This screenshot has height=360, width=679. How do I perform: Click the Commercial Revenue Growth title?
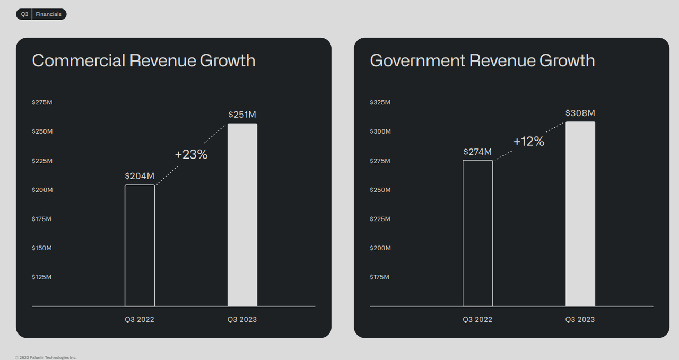pyautogui.click(x=144, y=60)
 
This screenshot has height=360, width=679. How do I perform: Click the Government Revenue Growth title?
pyautogui.click(x=482, y=60)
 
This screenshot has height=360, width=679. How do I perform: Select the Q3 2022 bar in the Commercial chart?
pyautogui.click(x=140, y=245)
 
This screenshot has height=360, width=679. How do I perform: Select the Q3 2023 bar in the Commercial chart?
pyautogui.click(x=242, y=215)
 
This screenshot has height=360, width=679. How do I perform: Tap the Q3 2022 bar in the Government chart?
pyautogui.click(x=477, y=233)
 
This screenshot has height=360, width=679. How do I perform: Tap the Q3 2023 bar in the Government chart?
pyautogui.click(x=580, y=214)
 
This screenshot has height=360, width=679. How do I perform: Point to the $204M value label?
pyautogui.click(x=140, y=176)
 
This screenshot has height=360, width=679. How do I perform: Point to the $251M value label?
pyautogui.click(x=242, y=115)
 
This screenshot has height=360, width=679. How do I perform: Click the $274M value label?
pyautogui.click(x=477, y=152)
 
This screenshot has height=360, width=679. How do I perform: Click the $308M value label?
pyautogui.click(x=580, y=113)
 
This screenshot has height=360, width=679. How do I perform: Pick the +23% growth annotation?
pyautogui.click(x=191, y=155)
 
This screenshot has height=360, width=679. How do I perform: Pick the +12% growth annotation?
pyautogui.click(x=529, y=142)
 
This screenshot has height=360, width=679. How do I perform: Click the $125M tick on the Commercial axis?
pyautogui.click(x=42, y=277)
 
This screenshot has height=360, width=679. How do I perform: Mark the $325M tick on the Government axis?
pyautogui.click(x=380, y=102)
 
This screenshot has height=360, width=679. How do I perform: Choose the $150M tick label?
pyautogui.click(x=42, y=248)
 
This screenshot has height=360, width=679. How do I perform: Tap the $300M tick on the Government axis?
pyautogui.click(x=380, y=131)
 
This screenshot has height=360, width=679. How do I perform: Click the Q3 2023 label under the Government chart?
pyautogui.click(x=580, y=319)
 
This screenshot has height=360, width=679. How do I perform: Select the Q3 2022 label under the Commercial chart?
pyautogui.click(x=140, y=319)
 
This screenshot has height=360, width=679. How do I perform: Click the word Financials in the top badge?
pyautogui.click(x=48, y=14)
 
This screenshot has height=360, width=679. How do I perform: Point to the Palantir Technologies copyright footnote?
pyautogui.click(x=46, y=357)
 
